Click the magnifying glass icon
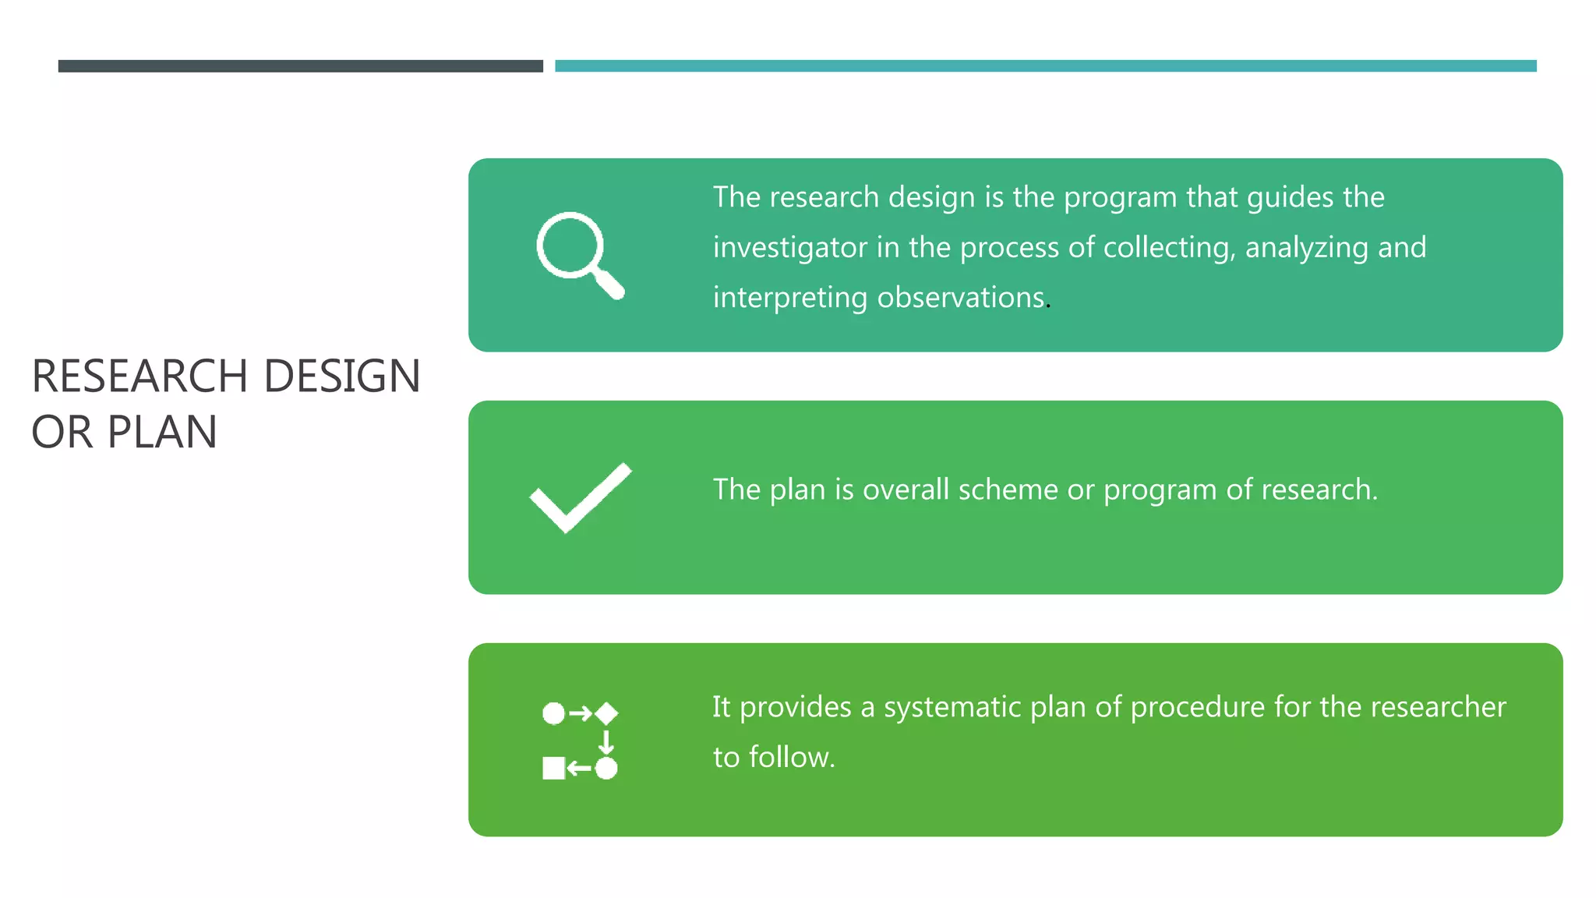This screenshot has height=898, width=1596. [580, 255]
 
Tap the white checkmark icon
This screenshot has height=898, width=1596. [580, 497]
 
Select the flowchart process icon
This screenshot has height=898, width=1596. [580, 740]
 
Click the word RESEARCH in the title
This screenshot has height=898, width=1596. [139, 377]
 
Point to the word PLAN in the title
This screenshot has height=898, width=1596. [162, 433]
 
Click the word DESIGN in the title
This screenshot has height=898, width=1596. [342, 377]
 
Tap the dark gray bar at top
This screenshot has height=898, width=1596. [300, 66]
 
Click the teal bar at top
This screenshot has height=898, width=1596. [1045, 66]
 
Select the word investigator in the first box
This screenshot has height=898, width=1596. [789, 248]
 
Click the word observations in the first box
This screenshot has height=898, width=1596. [960, 298]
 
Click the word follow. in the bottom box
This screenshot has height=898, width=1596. [791, 758]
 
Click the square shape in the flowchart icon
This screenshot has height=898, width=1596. [553, 768]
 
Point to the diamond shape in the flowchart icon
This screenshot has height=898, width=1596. [606, 713]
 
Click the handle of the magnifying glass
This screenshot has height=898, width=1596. [609, 285]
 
